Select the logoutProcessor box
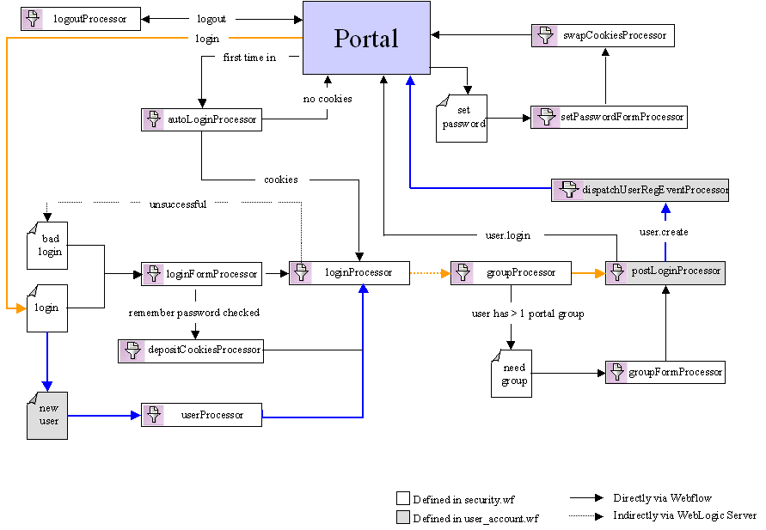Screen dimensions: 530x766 point(81,19)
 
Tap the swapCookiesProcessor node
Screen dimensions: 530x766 point(604,35)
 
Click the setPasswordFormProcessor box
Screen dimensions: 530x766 point(609,117)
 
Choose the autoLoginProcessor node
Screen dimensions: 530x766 point(201,120)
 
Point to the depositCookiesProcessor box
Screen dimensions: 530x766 point(190,350)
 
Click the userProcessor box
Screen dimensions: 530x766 point(201,415)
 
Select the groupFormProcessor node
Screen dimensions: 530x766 point(665,372)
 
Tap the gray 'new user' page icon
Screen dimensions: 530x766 point(47,415)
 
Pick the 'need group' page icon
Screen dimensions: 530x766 point(512,374)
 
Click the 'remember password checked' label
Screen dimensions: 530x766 point(194,313)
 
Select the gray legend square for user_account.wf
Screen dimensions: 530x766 point(402,517)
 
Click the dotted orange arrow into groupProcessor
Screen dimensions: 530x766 point(430,273)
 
